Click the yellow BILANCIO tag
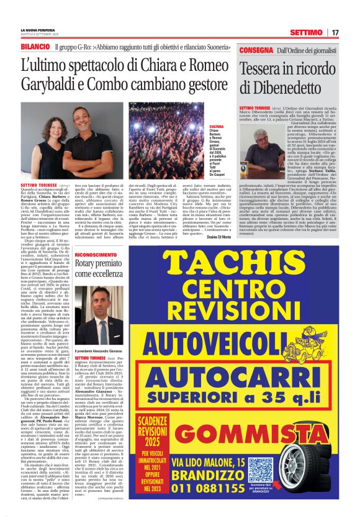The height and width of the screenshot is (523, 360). coord(35,47)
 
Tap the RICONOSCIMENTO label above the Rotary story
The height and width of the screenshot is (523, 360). coord(96,255)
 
